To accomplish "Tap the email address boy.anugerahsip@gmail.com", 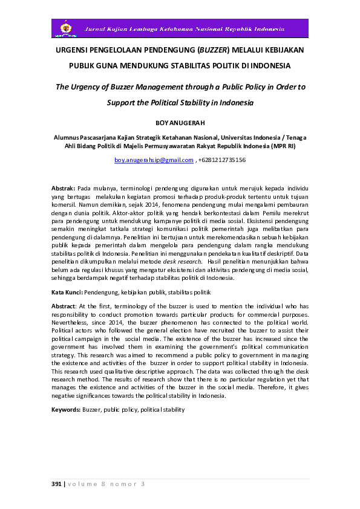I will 154,160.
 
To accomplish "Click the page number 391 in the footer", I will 56,484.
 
